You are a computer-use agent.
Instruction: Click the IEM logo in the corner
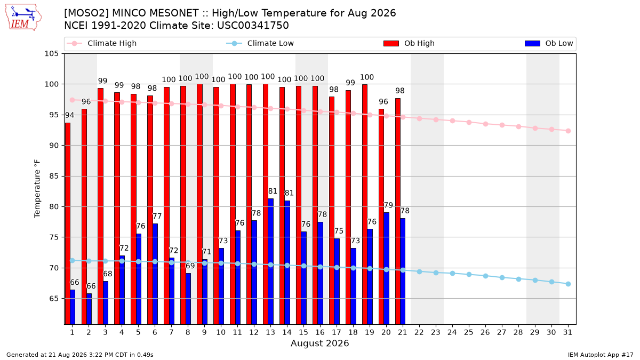[23, 18]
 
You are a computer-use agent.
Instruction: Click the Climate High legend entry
[101, 43]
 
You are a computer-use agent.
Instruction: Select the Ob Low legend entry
[549, 43]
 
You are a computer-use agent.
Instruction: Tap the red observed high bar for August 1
[68, 223]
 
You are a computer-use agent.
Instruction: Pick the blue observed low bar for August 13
[270, 261]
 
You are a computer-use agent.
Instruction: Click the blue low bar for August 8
[188, 299]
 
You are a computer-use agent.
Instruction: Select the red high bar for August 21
[398, 211]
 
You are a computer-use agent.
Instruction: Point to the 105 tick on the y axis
[51, 54]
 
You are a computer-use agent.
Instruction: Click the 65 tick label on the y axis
[54, 299]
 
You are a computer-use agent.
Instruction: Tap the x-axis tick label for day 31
[567, 333]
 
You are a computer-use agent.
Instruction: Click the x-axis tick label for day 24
[452, 333]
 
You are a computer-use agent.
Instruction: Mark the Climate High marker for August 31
[568, 131]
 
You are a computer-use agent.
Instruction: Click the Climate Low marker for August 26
[485, 276]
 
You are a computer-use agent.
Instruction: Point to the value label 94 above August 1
[69, 115]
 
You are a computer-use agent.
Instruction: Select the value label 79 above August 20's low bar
[388, 205]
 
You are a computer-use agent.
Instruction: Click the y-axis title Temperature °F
[37, 189]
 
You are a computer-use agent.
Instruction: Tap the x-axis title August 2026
[319, 343]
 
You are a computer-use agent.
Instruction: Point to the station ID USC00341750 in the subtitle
[253, 26]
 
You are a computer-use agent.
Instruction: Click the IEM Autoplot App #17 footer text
[601, 355]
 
